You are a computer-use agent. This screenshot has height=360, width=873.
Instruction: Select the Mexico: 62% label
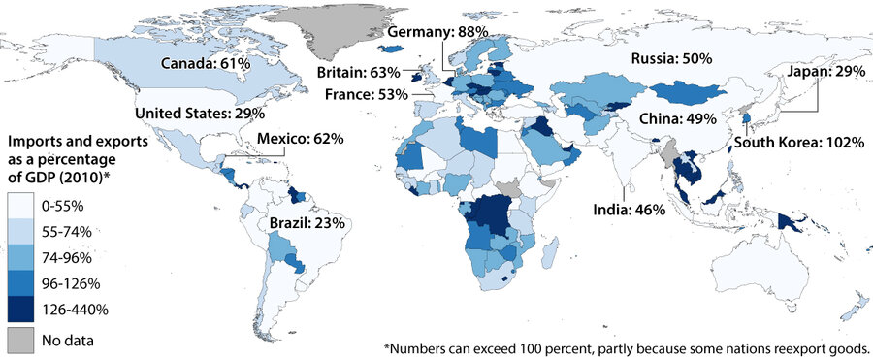pyautogui.click(x=300, y=139)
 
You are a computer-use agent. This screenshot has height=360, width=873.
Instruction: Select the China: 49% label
pyautogui.click(x=676, y=118)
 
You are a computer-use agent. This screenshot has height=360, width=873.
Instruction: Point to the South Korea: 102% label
pyautogui.click(x=798, y=142)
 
